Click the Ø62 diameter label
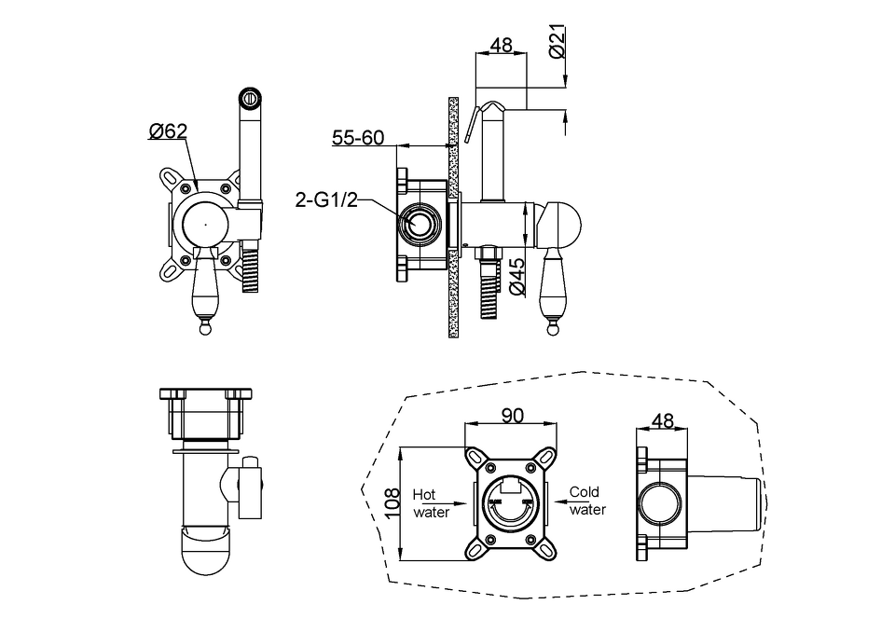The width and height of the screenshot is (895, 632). click(168, 131)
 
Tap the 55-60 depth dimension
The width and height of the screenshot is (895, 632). click(358, 138)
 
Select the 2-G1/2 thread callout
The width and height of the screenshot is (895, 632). click(326, 199)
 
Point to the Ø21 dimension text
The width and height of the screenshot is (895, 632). click(558, 41)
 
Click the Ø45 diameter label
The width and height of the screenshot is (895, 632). click(517, 276)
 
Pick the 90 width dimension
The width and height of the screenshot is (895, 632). click(512, 416)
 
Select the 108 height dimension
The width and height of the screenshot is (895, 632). click(392, 502)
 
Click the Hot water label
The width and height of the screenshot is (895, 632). click(431, 503)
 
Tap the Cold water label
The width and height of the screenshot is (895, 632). click(587, 501)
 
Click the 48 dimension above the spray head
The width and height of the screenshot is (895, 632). click(502, 45)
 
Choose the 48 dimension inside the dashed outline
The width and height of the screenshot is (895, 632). click(662, 420)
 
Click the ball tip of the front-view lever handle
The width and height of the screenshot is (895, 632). click(204, 328)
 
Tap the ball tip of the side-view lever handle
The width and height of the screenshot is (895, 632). click(552, 329)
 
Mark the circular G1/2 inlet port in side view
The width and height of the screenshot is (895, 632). click(419, 223)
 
